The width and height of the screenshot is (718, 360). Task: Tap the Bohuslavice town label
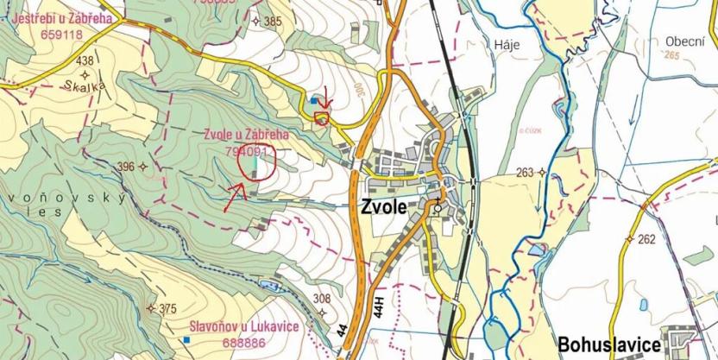coord(609,342)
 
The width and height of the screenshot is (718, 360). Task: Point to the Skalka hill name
coord(84,86)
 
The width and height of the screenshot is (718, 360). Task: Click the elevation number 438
coord(85,60)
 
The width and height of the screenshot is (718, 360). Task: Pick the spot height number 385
coord(274,22)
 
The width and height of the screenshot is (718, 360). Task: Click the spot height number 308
coord(322,299)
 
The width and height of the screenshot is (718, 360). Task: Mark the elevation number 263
coord(526,172)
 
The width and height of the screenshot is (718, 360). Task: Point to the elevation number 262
coord(646,239)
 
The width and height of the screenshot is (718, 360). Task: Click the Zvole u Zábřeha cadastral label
coord(246,135)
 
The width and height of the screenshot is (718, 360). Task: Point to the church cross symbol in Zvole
coord(438,204)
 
